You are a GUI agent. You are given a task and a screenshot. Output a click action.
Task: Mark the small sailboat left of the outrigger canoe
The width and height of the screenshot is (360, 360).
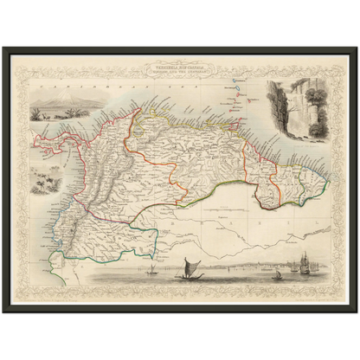(x=152, y=268)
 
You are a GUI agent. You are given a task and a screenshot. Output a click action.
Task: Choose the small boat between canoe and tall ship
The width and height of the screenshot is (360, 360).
(x=277, y=274)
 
